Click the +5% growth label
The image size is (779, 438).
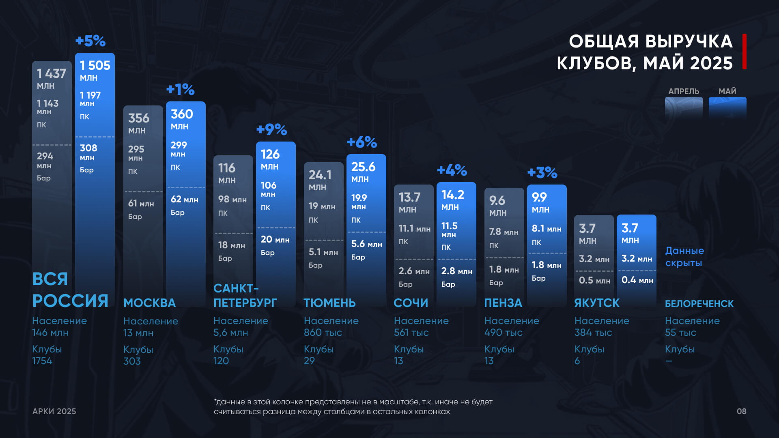pos(90,41)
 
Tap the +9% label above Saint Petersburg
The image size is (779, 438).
pos(271,130)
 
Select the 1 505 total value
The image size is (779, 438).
pos(95,65)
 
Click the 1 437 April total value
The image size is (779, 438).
pos(51,73)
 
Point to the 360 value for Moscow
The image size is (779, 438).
pos(182,114)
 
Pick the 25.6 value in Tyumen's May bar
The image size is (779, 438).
pos(363,167)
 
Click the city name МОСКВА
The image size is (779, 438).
pos(149,303)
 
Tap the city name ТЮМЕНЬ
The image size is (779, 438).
pos(329,303)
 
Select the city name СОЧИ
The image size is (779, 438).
pos(411,303)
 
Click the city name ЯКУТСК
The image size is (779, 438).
pos(597,303)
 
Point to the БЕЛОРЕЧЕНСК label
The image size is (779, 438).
pos(699,304)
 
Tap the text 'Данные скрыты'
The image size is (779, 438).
pos(684,257)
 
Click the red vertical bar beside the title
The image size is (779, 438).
pos(745,52)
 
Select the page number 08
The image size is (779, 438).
pos(741,411)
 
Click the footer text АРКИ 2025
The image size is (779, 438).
pos(54,411)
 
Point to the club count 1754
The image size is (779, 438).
pos(42,361)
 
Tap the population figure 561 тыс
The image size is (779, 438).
pos(411,333)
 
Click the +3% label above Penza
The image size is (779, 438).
pos(542,173)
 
